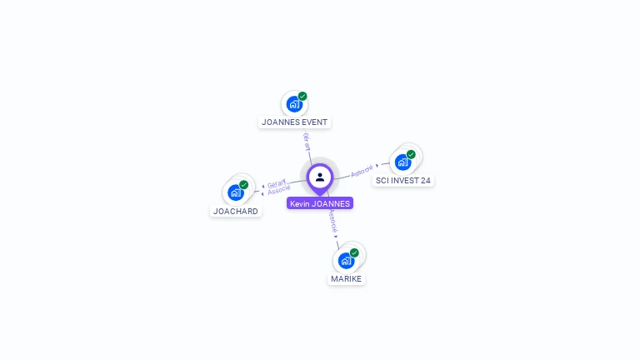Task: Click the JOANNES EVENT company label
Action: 294,122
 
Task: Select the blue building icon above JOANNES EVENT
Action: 293,104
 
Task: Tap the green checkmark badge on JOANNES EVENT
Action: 302,97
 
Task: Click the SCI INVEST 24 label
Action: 403,180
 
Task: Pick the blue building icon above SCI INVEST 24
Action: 402,162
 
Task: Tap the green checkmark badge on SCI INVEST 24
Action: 411,154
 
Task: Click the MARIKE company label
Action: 346,278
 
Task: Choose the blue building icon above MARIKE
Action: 346,260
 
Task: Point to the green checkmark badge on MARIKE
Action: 354,252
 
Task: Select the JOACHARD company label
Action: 236,211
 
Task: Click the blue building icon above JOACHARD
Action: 235,192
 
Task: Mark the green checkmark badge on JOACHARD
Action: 243,185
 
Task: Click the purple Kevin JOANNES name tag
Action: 320,203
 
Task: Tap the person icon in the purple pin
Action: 320,177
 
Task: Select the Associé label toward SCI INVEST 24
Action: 362,171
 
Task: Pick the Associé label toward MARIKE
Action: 332,220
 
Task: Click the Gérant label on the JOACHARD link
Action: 276,182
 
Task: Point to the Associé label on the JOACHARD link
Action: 278,191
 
